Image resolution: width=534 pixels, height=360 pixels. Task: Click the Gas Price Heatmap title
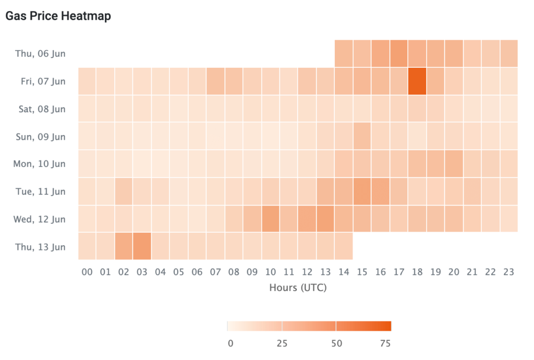point(58,16)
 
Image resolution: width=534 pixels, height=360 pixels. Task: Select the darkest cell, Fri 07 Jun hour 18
point(417,81)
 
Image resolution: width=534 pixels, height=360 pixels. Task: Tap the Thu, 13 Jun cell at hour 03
point(142,246)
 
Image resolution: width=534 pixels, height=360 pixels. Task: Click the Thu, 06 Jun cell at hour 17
point(398,53)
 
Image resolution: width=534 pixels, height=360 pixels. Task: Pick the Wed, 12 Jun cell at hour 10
point(270,219)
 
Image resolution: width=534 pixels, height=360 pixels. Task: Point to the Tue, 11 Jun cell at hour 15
point(362,191)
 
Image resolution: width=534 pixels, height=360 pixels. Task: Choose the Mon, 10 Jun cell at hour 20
point(453,163)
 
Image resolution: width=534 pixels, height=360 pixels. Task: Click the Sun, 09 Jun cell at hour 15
point(362,136)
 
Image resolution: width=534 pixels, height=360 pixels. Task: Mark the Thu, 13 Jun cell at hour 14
point(343,246)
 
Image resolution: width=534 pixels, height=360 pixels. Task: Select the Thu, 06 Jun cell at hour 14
point(343,53)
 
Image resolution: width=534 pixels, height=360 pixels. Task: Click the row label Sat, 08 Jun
point(40,109)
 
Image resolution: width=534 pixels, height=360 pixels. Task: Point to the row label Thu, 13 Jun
point(40,247)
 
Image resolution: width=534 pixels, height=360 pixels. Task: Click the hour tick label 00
point(88,272)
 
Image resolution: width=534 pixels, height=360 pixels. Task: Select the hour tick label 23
point(508,272)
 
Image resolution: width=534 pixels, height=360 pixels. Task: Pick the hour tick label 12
point(307,272)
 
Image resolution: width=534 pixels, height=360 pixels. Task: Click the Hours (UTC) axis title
point(298,287)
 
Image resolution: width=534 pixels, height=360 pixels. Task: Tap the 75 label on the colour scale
point(385,343)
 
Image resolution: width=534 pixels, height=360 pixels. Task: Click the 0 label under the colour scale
point(230,343)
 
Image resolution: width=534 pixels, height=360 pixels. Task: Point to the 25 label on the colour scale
point(282,343)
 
